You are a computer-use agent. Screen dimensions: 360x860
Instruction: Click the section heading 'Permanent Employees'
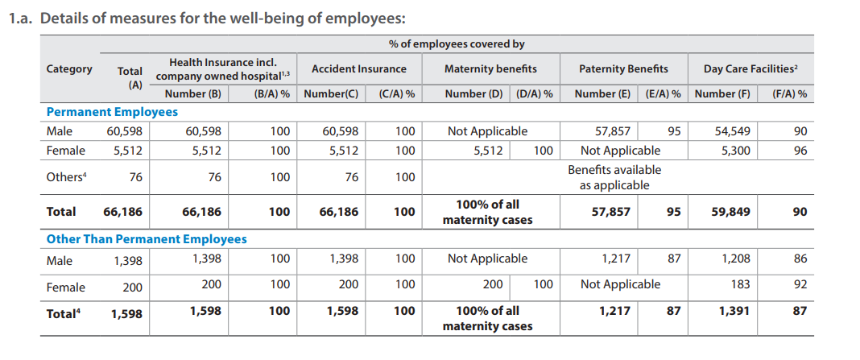pos(112,112)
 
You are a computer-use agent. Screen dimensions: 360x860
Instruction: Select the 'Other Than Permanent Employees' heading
pos(147,239)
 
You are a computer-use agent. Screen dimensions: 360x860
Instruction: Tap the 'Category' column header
pos(69,69)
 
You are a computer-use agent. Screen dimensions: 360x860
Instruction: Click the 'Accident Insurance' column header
pos(359,69)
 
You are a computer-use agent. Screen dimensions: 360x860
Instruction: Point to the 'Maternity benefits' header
pos(490,69)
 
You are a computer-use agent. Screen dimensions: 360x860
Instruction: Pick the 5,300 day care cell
pos(734,151)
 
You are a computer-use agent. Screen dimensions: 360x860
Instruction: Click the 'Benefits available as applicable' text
pos(614,178)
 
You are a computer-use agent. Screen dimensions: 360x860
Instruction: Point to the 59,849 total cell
pos(731,212)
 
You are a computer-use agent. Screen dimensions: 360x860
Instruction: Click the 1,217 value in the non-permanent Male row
pos(616,259)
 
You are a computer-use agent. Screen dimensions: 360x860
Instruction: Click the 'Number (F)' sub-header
pos(722,94)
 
